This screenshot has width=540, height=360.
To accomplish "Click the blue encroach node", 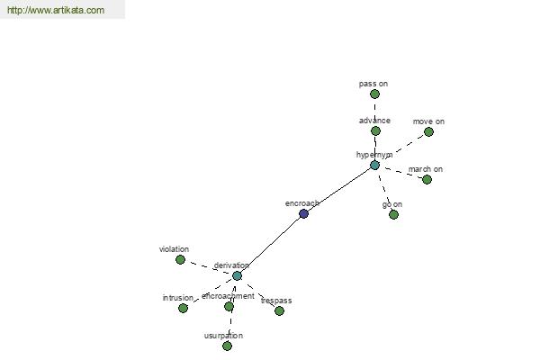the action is pos(303,213).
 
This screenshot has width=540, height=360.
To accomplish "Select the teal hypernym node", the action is pos(374,166).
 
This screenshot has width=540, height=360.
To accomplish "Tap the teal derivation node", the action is pos(237,275).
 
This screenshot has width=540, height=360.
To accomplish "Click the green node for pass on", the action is pos(374,94).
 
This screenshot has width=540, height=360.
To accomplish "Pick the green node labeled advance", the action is pos(375,130).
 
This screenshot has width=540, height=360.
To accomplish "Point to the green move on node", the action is pos(428,131).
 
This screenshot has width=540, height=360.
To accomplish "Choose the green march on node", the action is pos(427,179).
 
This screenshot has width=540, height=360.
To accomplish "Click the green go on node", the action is pos(393,214).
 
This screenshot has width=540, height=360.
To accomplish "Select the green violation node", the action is pos(180,259).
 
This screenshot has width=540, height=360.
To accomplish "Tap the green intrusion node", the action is pos(184,308).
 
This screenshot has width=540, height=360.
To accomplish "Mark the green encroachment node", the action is pos(229,306).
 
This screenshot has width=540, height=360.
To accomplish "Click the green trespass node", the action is pos(279,310).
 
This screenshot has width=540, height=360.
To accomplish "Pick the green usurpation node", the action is pos(227,346).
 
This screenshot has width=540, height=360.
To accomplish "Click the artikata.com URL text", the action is pos(56,10).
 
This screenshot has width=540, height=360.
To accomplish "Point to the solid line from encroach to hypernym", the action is pos(339,190).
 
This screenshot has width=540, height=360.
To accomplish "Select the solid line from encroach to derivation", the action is pos(270,245).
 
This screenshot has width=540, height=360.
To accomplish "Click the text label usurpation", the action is pos(223,336).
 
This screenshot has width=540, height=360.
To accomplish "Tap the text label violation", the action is pos(174,249).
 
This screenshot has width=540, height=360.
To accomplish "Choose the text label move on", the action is pos(428,121).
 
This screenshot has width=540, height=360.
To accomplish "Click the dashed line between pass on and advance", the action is pos(375,112).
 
